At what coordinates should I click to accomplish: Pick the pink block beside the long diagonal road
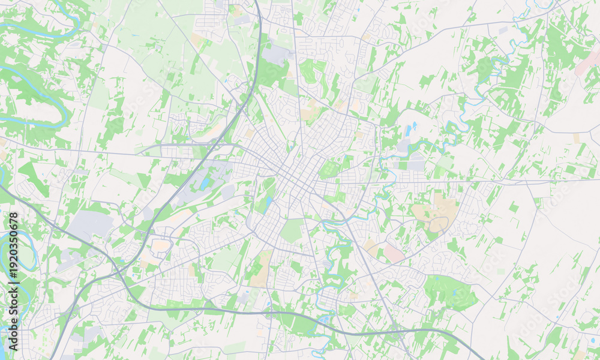coord(394,253)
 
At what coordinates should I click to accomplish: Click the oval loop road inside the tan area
coord(439,224)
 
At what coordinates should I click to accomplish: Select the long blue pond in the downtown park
coord(268,202)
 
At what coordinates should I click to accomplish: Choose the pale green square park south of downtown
coord(292,230)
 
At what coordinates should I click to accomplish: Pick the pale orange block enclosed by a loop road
coord(161,245)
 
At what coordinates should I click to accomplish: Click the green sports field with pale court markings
coord(328,169)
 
